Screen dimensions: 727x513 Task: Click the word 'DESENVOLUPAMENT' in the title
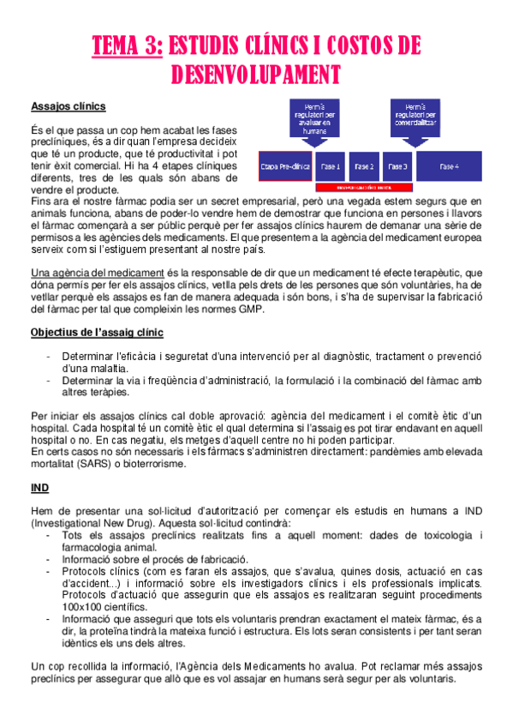(256, 75)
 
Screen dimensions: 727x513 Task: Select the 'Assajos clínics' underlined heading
(69, 107)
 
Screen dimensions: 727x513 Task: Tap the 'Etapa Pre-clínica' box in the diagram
(284, 166)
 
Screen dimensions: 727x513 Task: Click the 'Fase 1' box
(331, 166)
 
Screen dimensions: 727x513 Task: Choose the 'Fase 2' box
(364, 166)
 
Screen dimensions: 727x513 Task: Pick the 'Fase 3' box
(399, 166)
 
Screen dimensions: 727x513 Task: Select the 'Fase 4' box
(450, 166)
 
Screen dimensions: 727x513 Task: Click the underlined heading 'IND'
(39, 487)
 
